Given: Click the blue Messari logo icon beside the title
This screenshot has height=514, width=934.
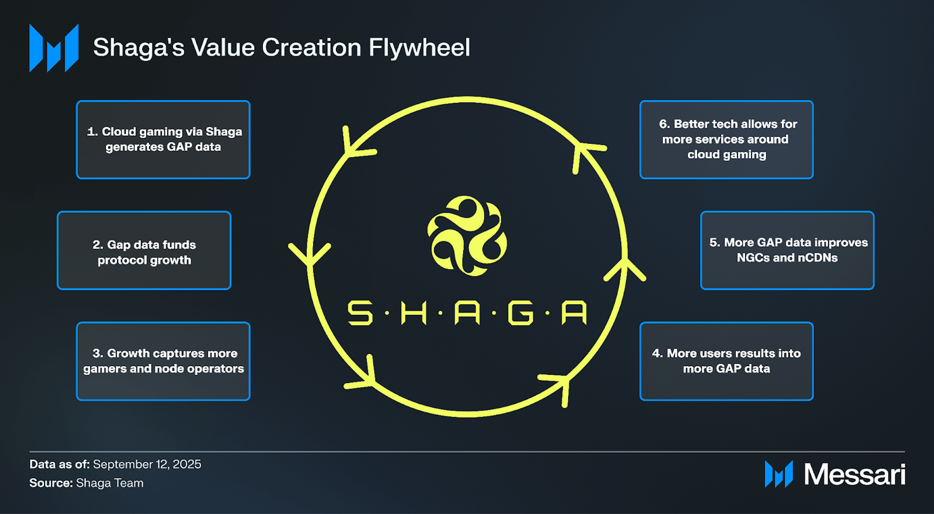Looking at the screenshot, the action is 54,48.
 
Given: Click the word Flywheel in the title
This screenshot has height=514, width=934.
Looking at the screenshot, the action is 419,48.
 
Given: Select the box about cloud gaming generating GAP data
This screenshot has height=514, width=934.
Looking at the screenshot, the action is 163,140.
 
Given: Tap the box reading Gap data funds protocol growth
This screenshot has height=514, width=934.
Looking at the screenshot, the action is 144,250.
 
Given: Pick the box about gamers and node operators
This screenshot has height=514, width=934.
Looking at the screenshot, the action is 163,361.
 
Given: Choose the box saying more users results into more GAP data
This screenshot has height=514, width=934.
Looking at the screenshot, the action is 726,361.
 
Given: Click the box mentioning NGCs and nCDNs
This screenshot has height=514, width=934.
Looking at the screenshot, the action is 787,250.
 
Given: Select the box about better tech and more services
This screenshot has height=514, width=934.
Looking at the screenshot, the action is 726,140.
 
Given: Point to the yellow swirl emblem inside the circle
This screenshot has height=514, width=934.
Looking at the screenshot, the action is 467,236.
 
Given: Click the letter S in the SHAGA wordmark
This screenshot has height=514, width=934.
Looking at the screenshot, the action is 360,313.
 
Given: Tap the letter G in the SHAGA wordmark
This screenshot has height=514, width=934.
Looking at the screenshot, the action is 521,313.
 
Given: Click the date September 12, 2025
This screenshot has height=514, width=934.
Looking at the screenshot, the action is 147,464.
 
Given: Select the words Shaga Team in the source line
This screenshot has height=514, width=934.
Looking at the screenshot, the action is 109,483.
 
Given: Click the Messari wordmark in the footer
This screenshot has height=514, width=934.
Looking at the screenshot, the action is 855,474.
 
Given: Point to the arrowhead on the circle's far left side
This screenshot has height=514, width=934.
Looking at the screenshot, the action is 310,254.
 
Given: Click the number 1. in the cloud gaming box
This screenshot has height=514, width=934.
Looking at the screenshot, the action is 92,132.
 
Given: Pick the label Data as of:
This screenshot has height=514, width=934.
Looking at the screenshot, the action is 59,464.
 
